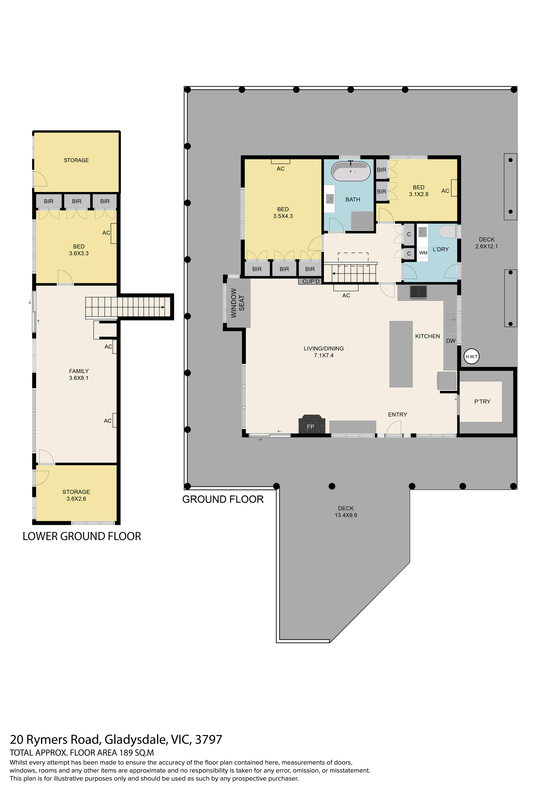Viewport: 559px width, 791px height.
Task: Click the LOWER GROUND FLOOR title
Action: [x=82, y=536]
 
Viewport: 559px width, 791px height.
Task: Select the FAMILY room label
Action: [x=79, y=371]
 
